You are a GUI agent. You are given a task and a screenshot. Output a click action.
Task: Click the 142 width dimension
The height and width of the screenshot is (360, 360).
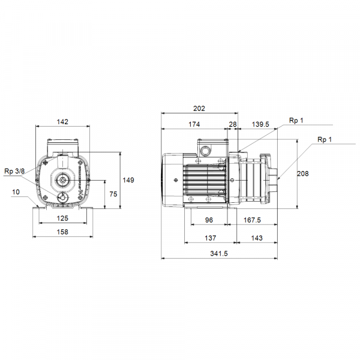63,122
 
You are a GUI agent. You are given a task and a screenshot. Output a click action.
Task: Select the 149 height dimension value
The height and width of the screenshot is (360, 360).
128,179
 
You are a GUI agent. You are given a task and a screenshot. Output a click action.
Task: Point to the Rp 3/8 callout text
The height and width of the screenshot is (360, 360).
14,171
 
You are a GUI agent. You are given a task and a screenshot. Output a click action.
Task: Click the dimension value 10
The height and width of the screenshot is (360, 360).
15,192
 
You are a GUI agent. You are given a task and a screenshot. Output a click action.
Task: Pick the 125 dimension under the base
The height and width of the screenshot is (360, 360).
63,218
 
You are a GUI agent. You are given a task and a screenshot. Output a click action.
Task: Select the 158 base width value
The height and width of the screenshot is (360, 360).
63,232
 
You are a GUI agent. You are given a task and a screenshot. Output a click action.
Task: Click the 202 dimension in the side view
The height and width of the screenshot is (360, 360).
199,109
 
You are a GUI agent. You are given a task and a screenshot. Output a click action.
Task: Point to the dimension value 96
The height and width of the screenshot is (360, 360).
209,220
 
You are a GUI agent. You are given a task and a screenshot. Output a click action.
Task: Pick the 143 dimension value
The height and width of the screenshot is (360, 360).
256,238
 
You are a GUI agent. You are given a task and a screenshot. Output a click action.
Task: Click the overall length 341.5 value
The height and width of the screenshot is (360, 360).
220,254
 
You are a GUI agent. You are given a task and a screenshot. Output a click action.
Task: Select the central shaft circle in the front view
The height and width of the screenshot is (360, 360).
63,179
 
